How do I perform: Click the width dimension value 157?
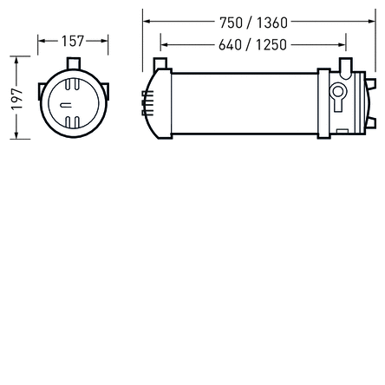click(72, 41)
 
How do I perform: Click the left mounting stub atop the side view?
click(157, 64)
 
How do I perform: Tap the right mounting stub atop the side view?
click(346, 64)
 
